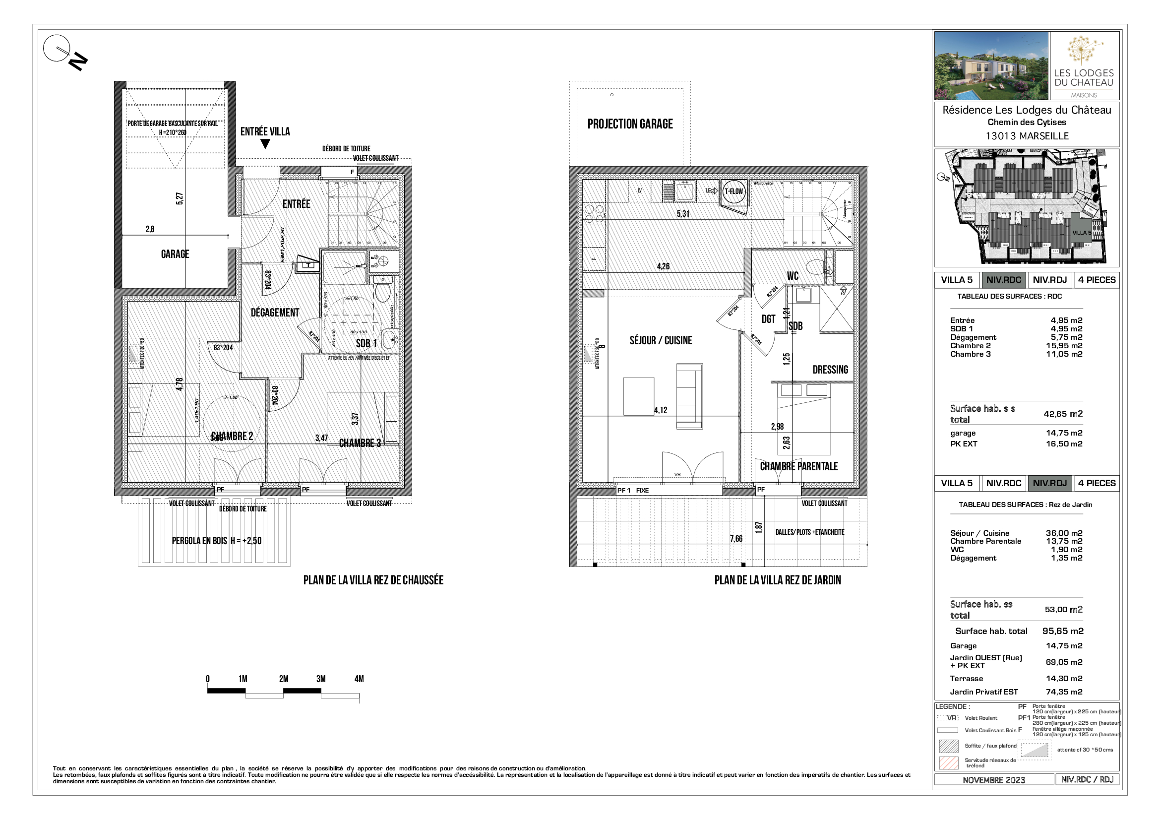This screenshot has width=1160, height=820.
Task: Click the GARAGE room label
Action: [x=175, y=254]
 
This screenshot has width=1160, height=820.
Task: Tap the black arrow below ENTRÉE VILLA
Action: [x=265, y=144]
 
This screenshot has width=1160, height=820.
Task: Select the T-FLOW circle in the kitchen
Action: [x=733, y=191]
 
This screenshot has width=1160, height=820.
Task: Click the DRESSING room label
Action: [x=830, y=370]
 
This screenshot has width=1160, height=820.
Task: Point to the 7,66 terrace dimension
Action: [x=736, y=539]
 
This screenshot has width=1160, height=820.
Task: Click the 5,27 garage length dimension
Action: [x=180, y=198]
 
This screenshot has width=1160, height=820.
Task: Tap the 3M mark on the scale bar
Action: [x=321, y=679]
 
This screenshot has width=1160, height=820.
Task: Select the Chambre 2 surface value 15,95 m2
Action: [x=1064, y=346]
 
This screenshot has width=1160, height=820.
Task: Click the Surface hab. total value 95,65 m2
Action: [x=1062, y=631]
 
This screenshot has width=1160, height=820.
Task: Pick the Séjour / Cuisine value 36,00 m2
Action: [x=1063, y=533]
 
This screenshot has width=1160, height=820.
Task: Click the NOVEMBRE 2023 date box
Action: [x=993, y=780]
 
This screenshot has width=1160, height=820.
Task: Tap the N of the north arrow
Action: [x=78, y=62]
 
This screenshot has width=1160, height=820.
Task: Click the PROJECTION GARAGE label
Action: [x=629, y=125]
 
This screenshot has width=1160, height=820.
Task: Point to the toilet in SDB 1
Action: [x=382, y=292]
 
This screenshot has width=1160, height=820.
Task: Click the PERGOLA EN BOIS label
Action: [x=216, y=541]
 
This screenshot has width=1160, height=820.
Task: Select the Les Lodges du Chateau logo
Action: [x=1084, y=65]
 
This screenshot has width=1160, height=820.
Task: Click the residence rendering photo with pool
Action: [x=991, y=65]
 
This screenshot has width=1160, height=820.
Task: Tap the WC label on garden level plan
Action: [x=792, y=276]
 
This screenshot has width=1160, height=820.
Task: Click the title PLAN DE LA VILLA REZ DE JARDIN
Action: [x=777, y=580]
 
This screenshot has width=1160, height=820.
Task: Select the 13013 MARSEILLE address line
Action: [x=1027, y=136]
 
